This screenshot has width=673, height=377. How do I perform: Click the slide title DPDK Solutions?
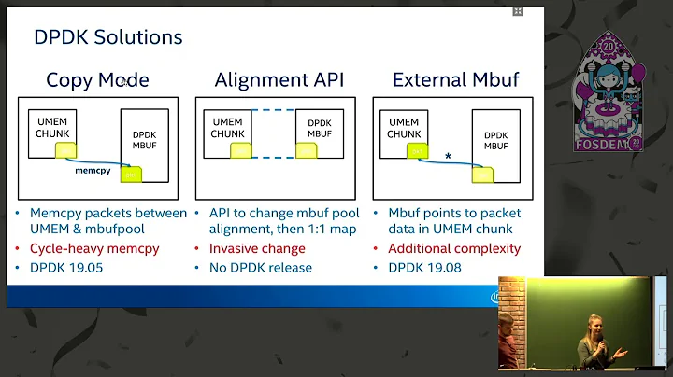point(107,37)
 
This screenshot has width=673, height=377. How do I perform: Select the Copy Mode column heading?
point(97,80)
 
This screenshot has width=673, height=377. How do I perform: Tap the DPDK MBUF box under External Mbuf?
point(496,142)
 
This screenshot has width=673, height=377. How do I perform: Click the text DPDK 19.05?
point(69,267)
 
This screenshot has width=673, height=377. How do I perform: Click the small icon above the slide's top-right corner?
point(518,11)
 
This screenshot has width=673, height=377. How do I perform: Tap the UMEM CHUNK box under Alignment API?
point(227,129)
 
